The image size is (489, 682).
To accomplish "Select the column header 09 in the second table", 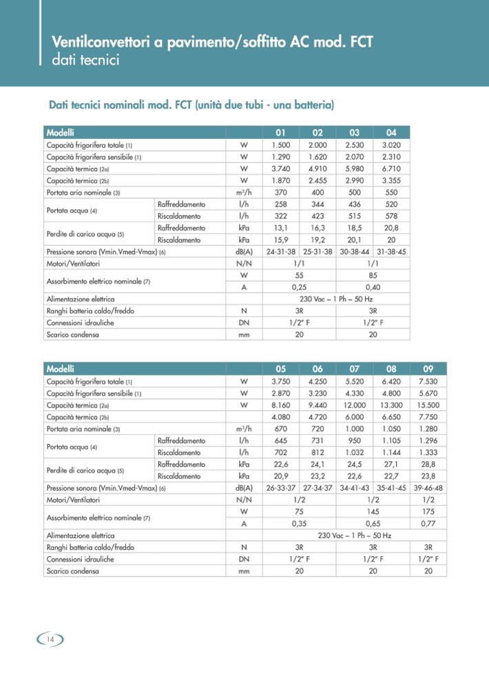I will pos(428,368).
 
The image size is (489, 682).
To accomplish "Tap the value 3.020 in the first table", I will pos(391,145).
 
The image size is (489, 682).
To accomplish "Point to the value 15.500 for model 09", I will pos(428,405).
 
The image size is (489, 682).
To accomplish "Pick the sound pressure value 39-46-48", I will pos(428,488).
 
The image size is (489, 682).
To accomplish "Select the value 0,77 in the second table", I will pos(428,524).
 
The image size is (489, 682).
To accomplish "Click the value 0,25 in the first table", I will pos(299,288).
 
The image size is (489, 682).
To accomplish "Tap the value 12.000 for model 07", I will pos(355,405).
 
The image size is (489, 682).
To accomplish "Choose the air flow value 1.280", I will pos(428,429).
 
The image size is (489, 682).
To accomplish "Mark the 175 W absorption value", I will pos(428,511).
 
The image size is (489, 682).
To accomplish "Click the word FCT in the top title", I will pos(357,43).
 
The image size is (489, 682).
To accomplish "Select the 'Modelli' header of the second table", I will pos(61,368).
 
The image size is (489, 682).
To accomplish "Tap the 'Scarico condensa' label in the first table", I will pos(72,335).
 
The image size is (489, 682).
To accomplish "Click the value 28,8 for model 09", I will pos(428,465).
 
